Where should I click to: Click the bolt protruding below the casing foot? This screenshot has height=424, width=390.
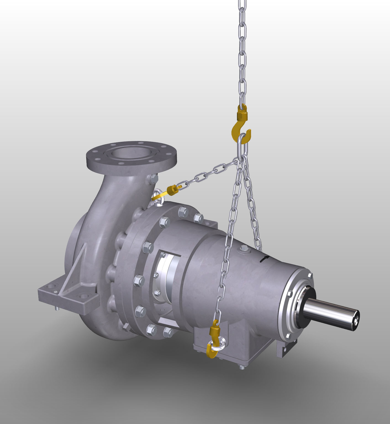pos(57,309)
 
